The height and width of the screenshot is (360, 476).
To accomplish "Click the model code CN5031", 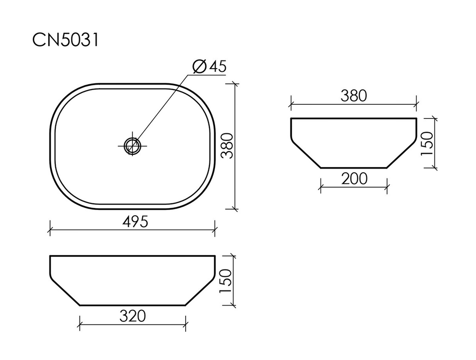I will tap(65, 40).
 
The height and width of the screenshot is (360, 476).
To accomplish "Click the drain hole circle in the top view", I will tap(132, 145).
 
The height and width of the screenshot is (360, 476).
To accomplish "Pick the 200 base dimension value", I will tap(354, 179).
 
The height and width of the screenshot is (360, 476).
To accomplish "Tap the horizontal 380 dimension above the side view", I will tap(354, 96).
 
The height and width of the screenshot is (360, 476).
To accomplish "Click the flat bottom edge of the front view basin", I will tap(132, 305).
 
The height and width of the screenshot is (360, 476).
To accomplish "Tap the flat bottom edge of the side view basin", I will tap(354, 168).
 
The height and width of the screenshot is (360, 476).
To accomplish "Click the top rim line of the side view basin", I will tap(354, 118).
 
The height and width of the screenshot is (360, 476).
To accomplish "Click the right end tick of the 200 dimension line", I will tap(387, 187).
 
